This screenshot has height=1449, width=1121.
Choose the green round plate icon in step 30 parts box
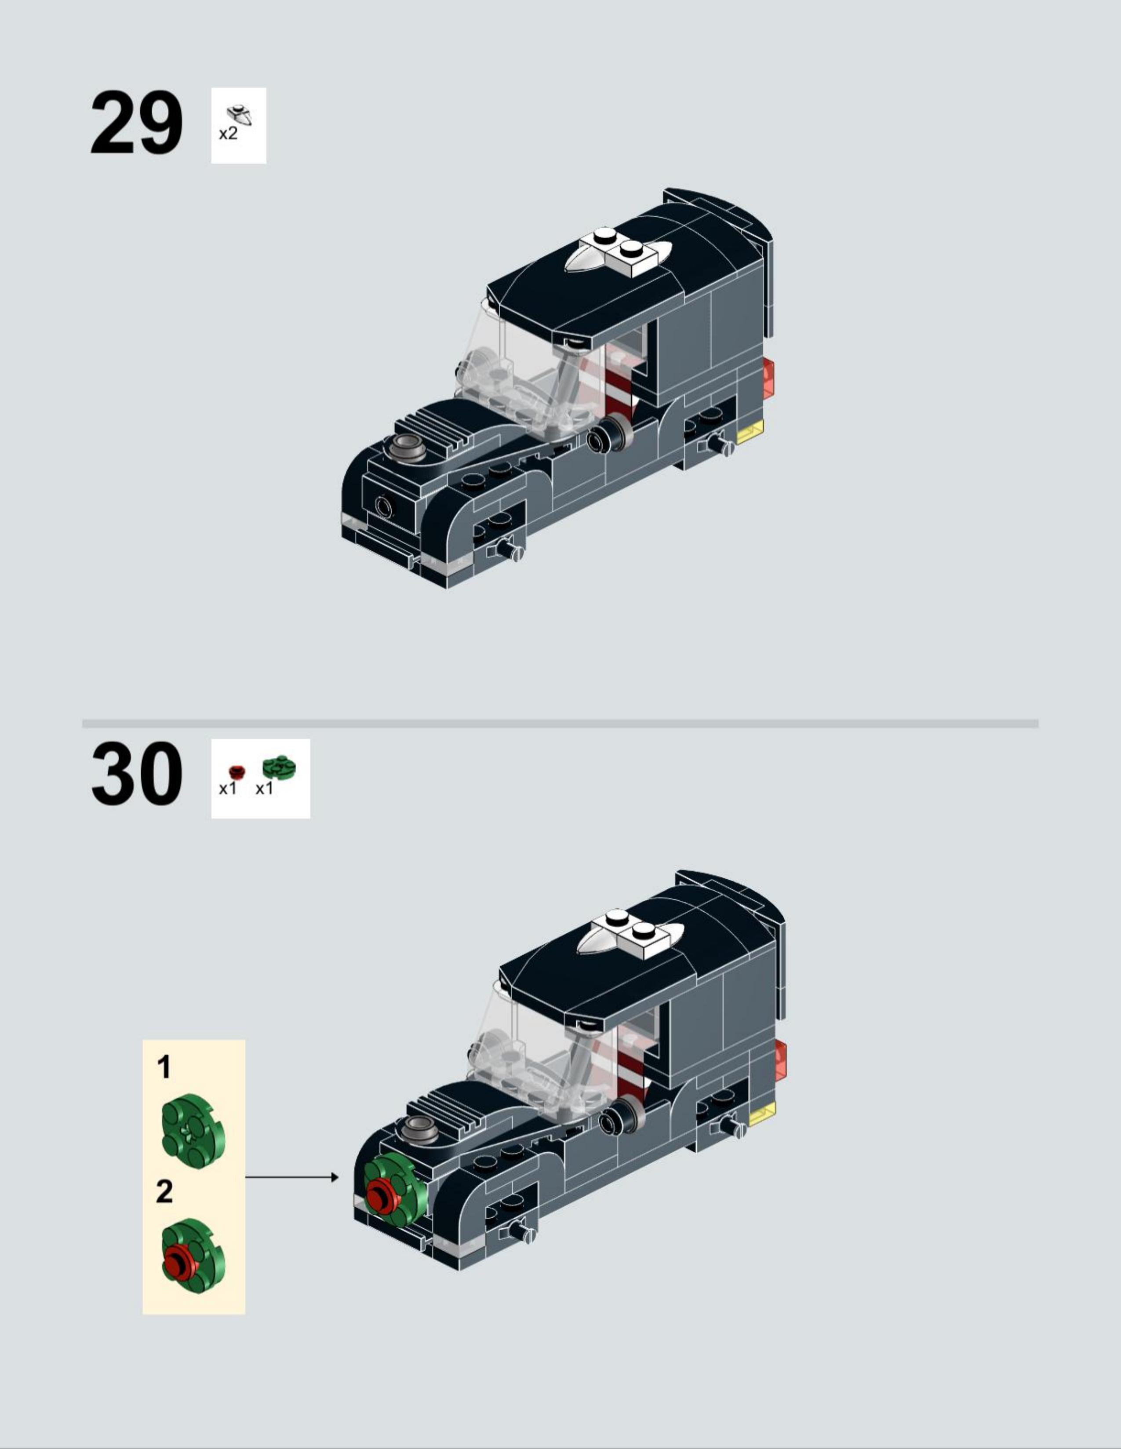(x=279, y=768)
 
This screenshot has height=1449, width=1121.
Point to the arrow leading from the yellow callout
(x=292, y=1177)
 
